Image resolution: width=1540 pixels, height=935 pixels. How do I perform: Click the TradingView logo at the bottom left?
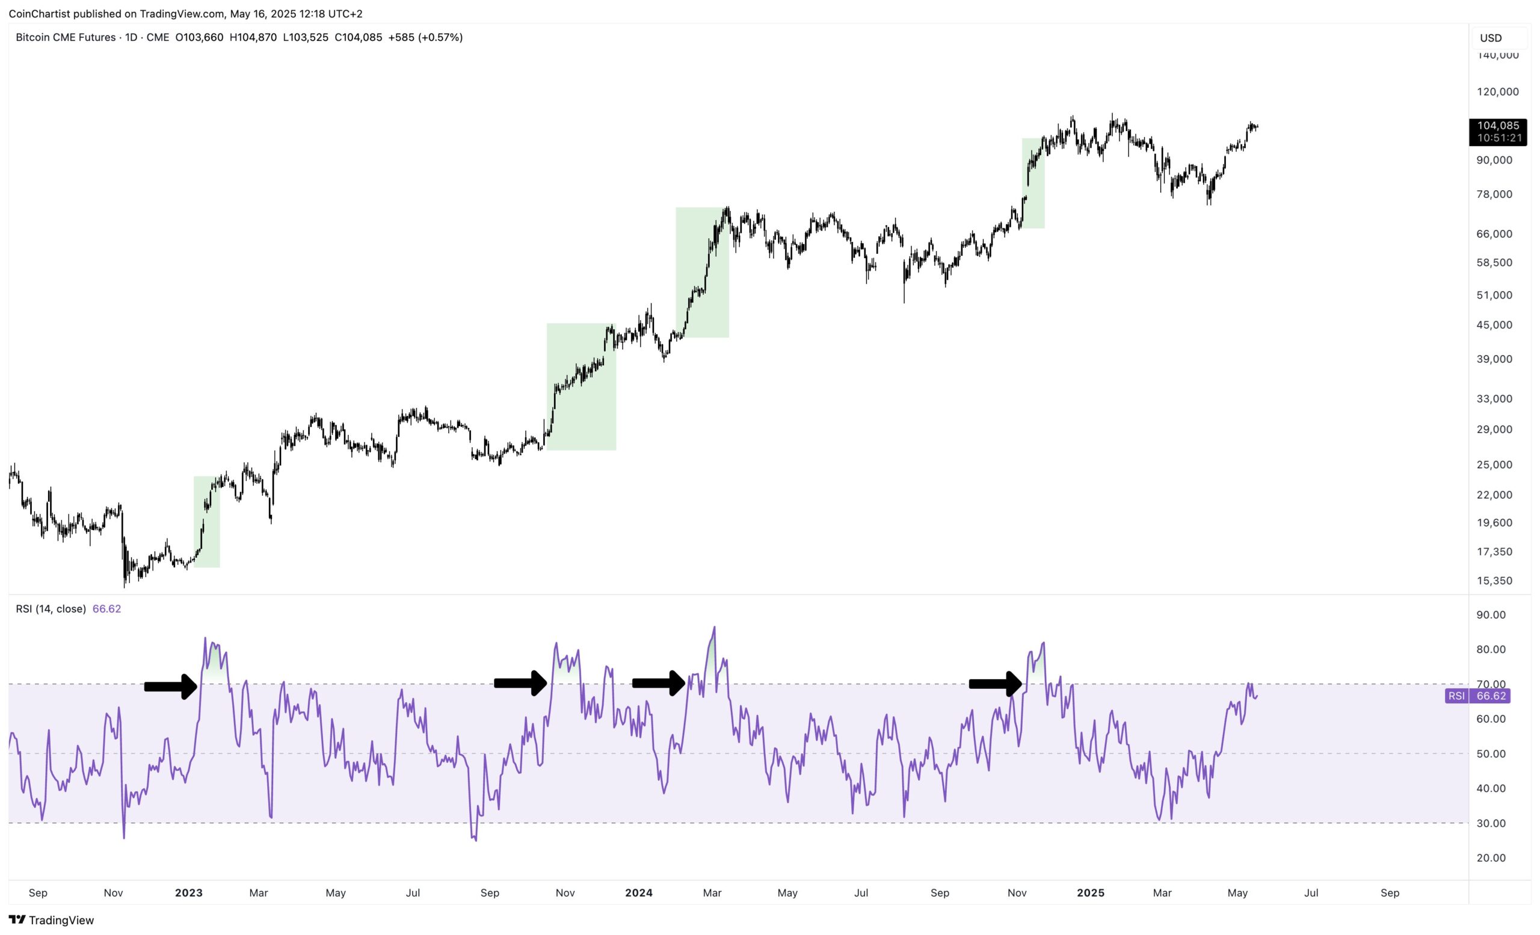[x=51, y=920]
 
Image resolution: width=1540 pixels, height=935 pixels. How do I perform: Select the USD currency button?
[x=1491, y=38]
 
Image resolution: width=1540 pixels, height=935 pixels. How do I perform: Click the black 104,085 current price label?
[x=1497, y=132]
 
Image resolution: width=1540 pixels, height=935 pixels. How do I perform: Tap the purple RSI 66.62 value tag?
[x=1477, y=696]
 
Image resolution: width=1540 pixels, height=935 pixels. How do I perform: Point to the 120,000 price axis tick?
[x=1497, y=92]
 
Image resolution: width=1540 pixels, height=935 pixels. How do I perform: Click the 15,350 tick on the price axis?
[x=1494, y=581]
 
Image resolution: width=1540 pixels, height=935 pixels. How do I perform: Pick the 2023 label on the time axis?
[x=189, y=892]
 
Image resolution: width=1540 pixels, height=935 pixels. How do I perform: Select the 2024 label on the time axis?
[x=639, y=892]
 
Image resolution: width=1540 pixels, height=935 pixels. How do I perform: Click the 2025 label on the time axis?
[x=1091, y=892]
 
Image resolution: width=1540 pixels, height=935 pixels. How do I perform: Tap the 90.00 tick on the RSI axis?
[x=1491, y=615]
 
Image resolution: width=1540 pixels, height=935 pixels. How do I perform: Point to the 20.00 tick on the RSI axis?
[x=1491, y=857]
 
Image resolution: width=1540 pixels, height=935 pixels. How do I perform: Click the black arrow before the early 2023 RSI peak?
[x=171, y=687]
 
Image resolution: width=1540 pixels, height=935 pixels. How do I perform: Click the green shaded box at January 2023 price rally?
[x=207, y=522]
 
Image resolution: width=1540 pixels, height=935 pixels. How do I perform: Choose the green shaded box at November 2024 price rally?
[x=1033, y=183]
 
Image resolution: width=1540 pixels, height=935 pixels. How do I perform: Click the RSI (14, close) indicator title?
[x=51, y=609]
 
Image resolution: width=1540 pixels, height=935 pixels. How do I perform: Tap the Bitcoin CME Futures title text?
[x=66, y=37]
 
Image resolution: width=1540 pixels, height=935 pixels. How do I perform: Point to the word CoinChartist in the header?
[x=39, y=14]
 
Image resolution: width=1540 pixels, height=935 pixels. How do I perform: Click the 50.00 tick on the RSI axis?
[x=1491, y=754]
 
